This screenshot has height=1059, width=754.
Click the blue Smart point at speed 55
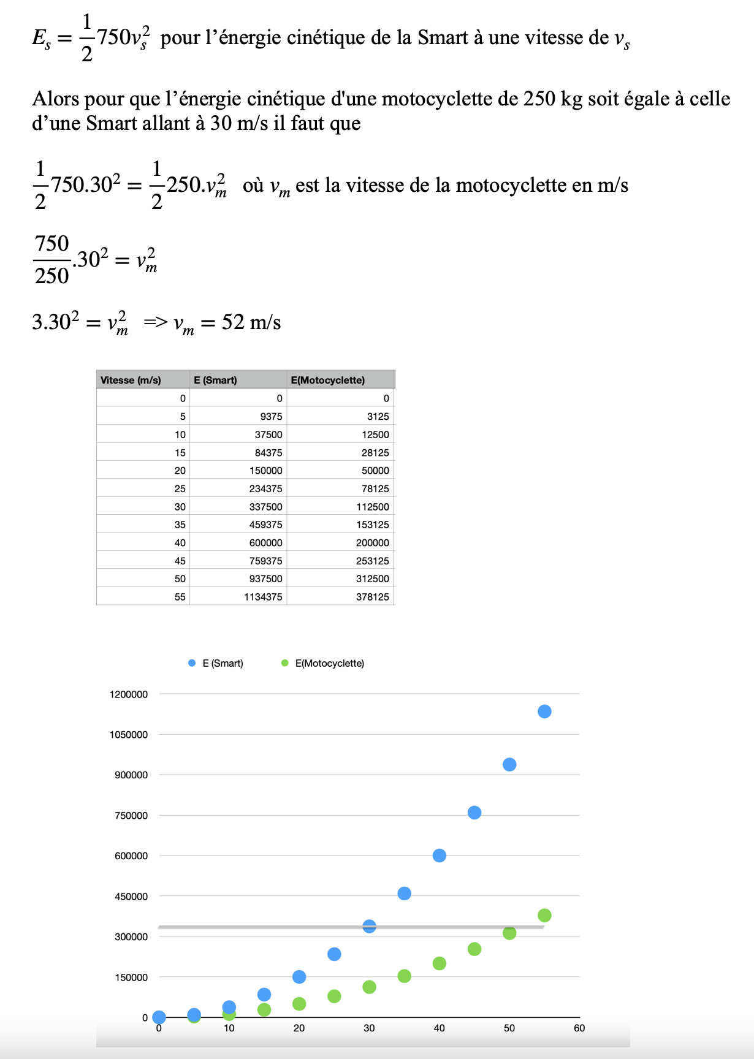click(544, 712)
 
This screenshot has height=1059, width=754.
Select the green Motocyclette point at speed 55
click(544, 916)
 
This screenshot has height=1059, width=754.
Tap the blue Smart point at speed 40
click(440, 856)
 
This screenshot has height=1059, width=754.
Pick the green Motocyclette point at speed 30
click(369, 987)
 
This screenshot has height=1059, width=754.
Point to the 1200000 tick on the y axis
click(129, 694)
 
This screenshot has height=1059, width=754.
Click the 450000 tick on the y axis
click(131, 897)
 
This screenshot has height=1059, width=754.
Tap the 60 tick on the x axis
click(579, 1028)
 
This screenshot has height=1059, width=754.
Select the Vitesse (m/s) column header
click(131, 380)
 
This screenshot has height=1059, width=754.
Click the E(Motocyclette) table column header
click(328, 380)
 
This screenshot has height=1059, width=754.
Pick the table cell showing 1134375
click(263, 597)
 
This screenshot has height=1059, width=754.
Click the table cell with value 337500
click(266, 507)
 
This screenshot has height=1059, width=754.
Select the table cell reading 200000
click(372, 543)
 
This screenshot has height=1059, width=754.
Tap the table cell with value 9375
click(271, 417)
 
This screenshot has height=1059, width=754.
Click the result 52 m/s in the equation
click(251, 322)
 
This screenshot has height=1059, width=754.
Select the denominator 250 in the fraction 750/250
click(52, 276)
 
